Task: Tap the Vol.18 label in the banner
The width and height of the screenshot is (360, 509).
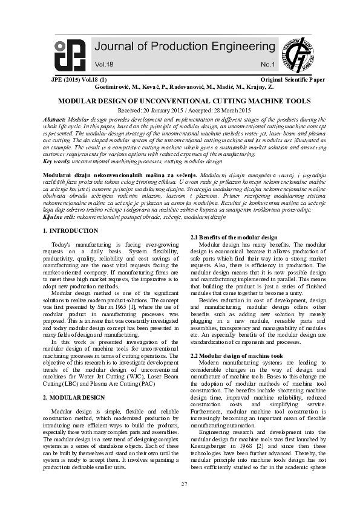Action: pyautogui.click(x=103, y=63)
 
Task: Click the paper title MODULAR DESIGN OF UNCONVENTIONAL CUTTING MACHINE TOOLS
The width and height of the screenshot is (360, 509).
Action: pyautogui.click(x=180, y=102)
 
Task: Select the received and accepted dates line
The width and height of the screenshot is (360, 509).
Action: pyautogui.click(x=180, y=111)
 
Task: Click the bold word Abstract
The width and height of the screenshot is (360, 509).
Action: pyautogui.click(x=55, y=120)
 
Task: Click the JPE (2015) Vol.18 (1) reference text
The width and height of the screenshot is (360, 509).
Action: pyautogui.click(x=78, y=80)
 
